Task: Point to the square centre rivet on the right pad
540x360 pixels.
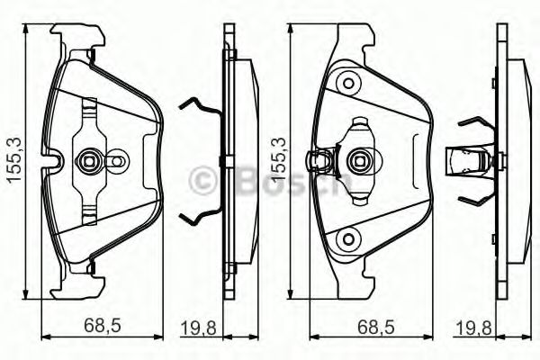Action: (358, 162)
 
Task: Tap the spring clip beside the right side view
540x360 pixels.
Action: (471, 162)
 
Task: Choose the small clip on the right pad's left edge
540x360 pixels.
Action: (318, 162)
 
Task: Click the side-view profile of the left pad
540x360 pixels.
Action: (232, 162)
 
